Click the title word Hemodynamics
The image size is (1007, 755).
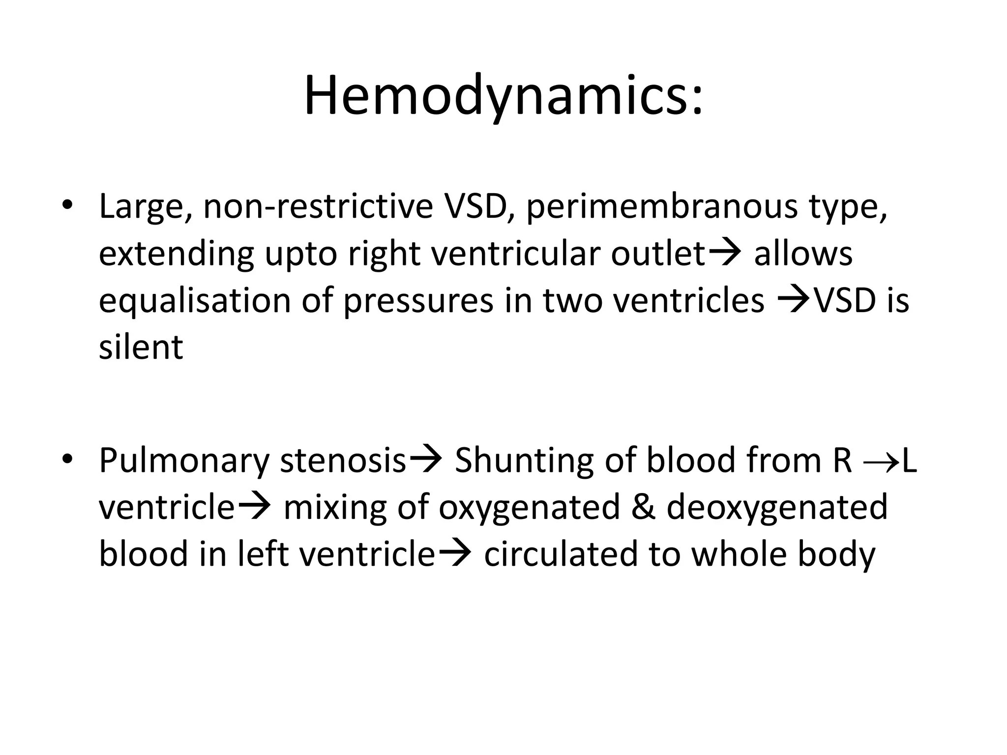503,96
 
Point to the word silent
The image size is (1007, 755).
141,347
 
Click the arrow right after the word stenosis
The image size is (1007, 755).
426,460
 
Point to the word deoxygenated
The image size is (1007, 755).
777,508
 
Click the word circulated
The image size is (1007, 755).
560,554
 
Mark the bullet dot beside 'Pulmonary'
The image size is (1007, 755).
67,459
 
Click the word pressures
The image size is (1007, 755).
418,302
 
